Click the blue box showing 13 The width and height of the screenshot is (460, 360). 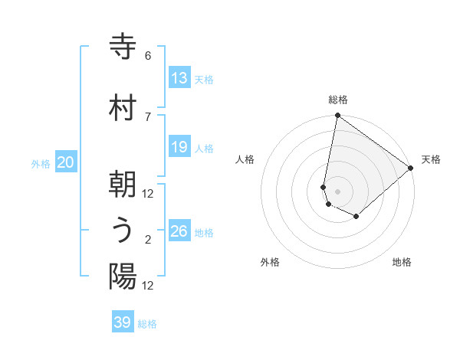point(179,78)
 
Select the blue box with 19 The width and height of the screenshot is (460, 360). point(179,148)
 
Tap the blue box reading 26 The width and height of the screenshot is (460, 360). point(179,231)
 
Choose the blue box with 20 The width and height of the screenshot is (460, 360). point(66,162)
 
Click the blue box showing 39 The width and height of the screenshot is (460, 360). point(123,322)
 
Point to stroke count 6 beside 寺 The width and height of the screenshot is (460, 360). point(148,56)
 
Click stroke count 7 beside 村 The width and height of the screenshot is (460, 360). point(148,116)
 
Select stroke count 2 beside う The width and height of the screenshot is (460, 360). point(148,240)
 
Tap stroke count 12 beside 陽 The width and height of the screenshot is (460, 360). point(148,286)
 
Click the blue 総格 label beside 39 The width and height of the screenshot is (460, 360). point(147,324)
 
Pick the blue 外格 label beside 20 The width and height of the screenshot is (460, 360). point(41,163)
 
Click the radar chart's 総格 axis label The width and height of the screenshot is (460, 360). point(337,100)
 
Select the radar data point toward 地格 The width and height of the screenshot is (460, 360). point(356,217)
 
